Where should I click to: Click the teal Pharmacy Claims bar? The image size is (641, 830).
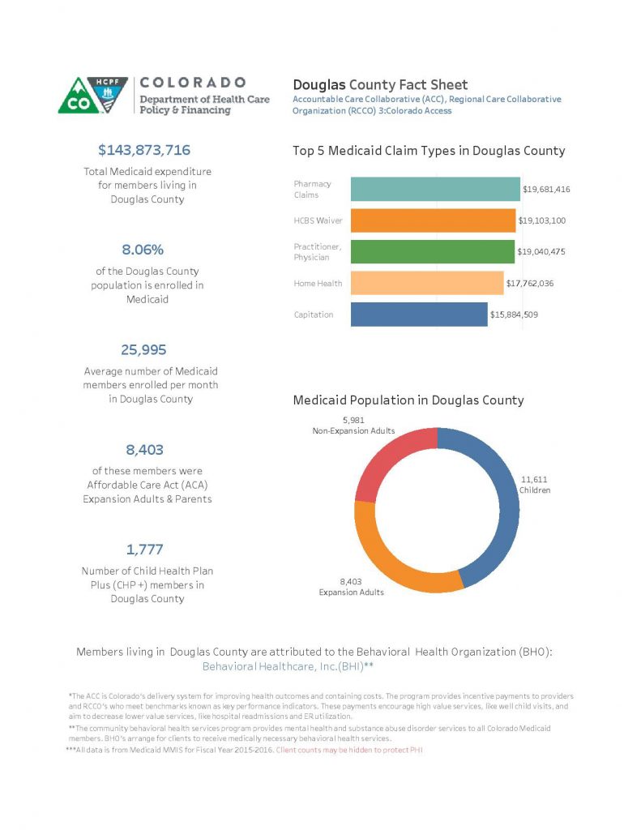click(x=434, y=189)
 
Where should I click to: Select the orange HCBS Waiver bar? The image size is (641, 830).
click(x=433, y=220)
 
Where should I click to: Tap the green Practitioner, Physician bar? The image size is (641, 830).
click(x=432, y=251)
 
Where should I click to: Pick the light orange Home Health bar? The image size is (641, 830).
click(x=426, y=283)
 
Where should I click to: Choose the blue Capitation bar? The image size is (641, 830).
click(x=419, y=314)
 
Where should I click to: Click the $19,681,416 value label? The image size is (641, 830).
click(x=546, y=190)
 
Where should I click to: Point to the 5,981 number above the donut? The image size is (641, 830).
click(x=356, y=420)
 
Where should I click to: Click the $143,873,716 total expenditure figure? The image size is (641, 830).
click(x=144, y=150)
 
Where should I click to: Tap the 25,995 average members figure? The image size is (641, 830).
click(x=144, y=349)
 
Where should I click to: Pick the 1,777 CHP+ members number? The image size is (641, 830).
click(x=144, y=550)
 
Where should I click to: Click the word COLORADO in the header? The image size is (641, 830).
click(x=192, y=83)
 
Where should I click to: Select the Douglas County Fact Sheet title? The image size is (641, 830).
click(x=379, y=84)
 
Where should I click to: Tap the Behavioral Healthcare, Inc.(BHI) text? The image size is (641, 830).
click(x=287, y=665)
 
